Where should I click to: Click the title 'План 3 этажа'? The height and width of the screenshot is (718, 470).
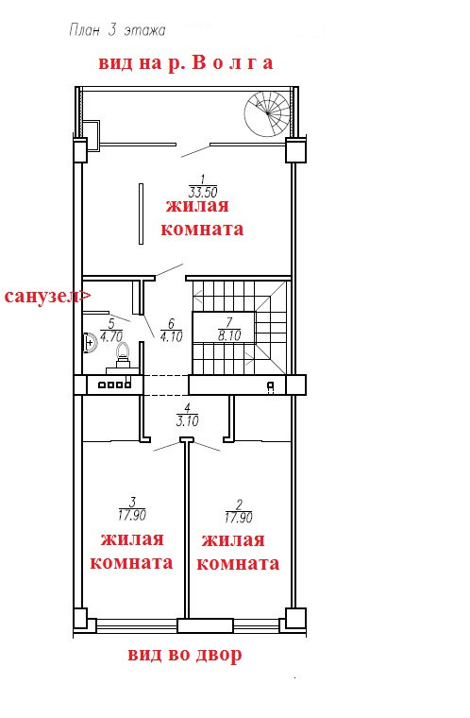117,30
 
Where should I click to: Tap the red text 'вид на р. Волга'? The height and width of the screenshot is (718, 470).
186,63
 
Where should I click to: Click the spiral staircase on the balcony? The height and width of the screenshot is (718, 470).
268,113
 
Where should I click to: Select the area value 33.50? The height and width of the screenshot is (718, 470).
203,192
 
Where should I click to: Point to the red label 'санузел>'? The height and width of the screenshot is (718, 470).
47,297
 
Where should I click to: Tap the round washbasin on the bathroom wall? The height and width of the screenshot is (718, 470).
91,343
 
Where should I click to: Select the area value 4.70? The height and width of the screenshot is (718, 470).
111,336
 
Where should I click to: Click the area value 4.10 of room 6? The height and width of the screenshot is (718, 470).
172,336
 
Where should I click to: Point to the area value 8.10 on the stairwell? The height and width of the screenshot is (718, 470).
229,335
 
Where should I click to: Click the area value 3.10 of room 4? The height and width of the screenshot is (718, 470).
187,420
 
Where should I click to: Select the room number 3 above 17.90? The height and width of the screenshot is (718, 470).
133,502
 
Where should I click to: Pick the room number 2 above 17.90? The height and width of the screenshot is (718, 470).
239,504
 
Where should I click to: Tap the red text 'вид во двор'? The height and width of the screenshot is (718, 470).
185,655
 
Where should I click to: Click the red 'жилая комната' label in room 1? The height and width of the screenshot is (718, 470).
202,217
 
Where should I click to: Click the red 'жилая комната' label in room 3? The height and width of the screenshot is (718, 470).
131,551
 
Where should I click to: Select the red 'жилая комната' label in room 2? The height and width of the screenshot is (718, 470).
238,552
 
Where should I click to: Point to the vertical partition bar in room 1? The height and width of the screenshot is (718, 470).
141,214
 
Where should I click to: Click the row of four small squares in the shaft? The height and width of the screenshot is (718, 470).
110,385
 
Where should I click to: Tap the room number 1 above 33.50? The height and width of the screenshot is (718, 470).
203,179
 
